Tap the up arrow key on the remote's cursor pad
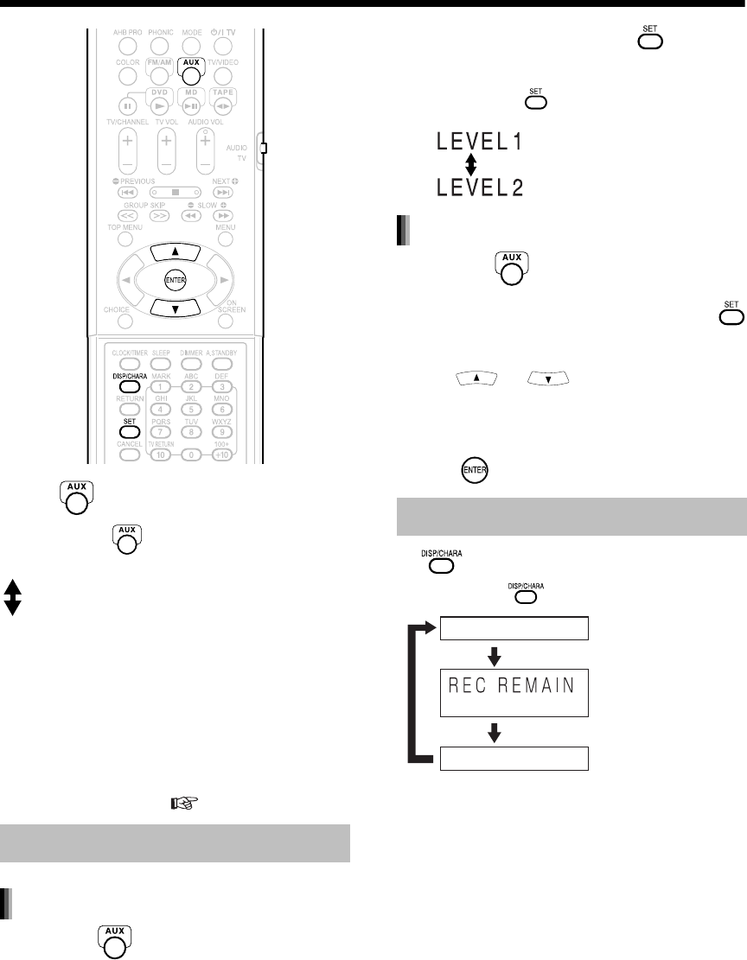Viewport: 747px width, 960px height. coord(176,251)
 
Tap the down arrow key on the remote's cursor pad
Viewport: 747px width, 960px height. coord(176,307)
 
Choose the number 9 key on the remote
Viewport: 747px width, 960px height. coord(222,432)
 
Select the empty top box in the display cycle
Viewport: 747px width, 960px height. coord(515,628)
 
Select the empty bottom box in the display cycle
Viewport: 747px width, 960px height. coord(515,759)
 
